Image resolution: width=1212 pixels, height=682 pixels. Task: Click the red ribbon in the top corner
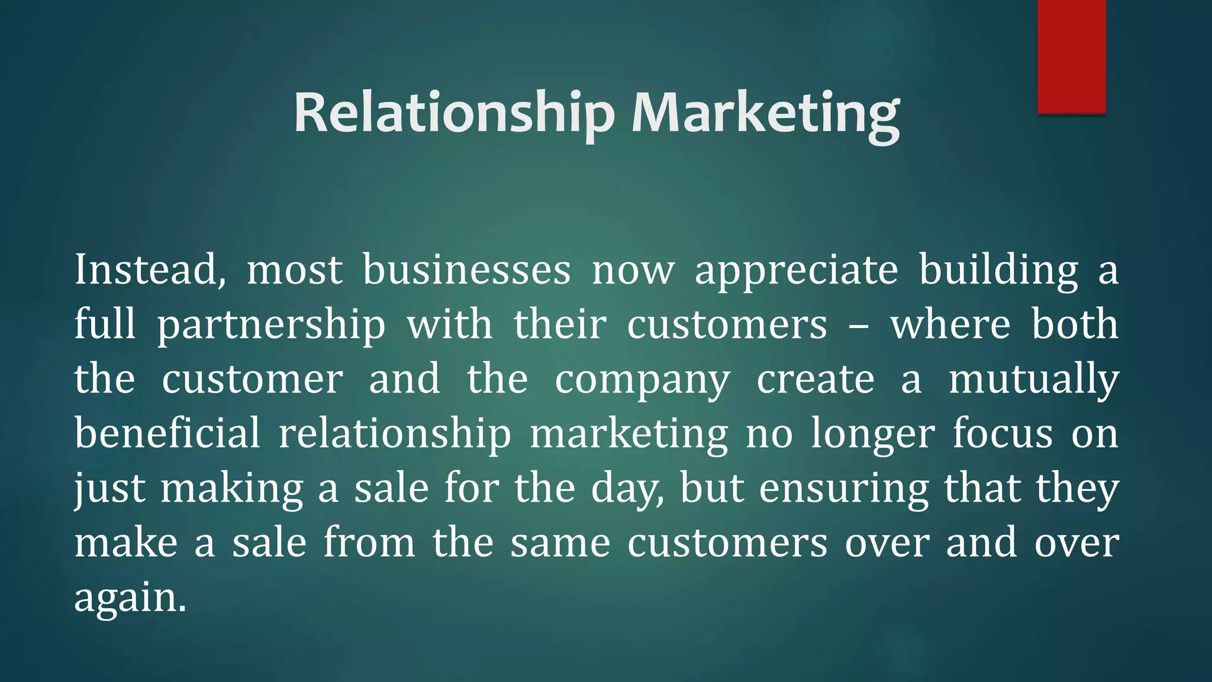click(1071, 56)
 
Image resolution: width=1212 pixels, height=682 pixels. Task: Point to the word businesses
click(466, 270)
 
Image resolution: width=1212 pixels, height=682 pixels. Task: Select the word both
click(1075, 324)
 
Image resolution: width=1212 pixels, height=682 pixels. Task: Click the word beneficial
click(167, 433)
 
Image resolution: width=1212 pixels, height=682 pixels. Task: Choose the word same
click(560, 543)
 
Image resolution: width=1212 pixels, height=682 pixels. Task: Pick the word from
click(369, 542)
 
